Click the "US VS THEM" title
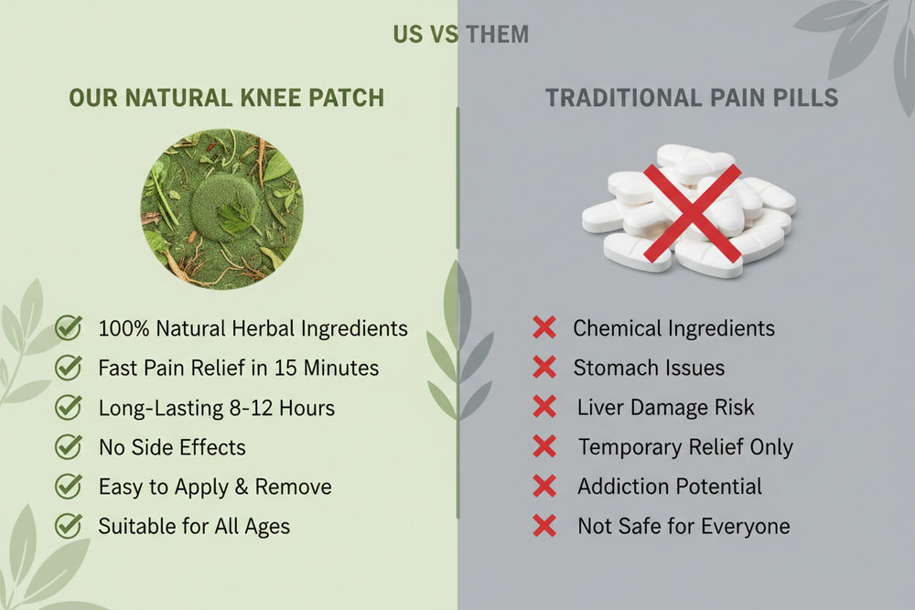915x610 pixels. [461, 35]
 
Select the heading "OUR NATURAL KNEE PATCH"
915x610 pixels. [227, 98]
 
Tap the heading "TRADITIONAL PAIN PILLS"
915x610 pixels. [692, 98]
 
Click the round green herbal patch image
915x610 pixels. [221, 209]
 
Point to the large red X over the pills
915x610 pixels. [692, 213]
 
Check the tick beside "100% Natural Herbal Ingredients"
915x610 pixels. [69, 327]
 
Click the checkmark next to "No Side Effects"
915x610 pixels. [69, 446]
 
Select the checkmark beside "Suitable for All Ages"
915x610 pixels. [69, 526]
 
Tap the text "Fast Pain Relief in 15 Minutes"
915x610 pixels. [239, 368]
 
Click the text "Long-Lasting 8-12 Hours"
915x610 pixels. [217, 408]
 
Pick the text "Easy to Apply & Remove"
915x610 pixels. [215, 487]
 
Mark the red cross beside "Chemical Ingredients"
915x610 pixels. [544, 327]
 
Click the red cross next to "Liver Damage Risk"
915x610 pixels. [544, 407]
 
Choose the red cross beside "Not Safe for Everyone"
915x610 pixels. [544, 526]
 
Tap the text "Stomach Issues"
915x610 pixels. [649, 368]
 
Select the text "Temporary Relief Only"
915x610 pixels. [685, 447]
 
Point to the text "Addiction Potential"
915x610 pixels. [670, 487]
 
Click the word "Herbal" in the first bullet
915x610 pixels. [264, 328]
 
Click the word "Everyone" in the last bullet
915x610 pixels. [746, 527]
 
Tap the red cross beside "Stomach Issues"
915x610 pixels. [544, 368]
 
